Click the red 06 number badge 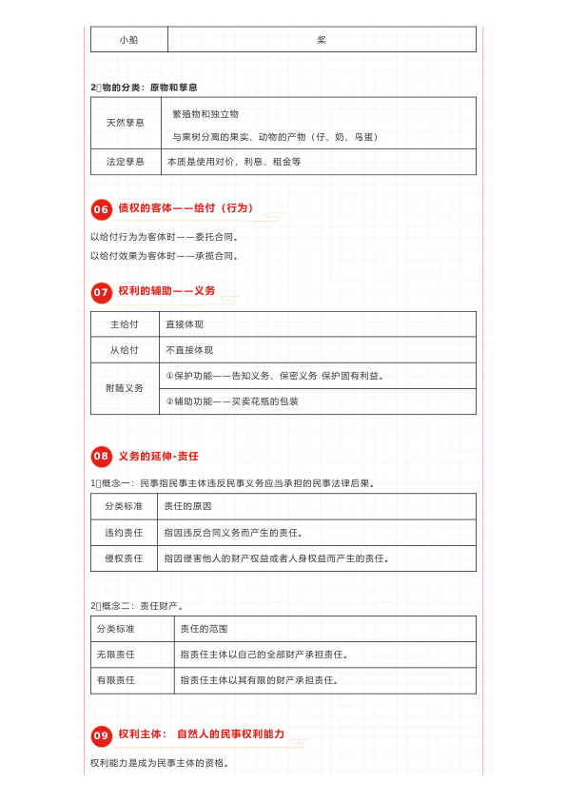click(x=101, y=209)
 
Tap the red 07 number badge click(x=101, y=292)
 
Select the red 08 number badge click(x=101, y=458)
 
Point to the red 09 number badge click(x=101, y=735)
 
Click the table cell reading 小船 click(x=129, y=40)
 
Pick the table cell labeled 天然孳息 click(x=126, y=124)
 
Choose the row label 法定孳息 click(x=126, y=162)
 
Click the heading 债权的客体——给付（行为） click(x=186, y=208)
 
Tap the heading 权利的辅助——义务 click(x=166, y=291)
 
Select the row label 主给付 click(x=125, y=324)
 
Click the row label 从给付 click(x=125, y=350)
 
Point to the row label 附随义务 click(x=125, y=388)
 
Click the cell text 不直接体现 click(x=189, y=350)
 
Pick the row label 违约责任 click(x=124, y=533)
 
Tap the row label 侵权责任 click(x=124, y=558)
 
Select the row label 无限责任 click(x=115, y=655)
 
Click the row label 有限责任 click(x=115, y=680)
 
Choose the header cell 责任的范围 click(x=204, y=629)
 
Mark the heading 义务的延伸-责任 click(x=158, y=457)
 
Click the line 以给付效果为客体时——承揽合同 click(x=165, y=256)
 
